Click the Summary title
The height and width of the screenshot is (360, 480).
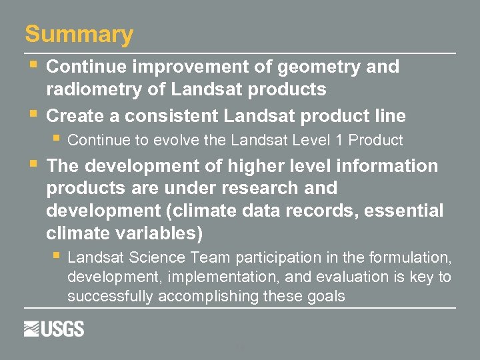(x=79, y=34)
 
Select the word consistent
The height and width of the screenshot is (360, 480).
(x=172, y=116)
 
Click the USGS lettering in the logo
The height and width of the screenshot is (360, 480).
(x=64, y=329)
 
